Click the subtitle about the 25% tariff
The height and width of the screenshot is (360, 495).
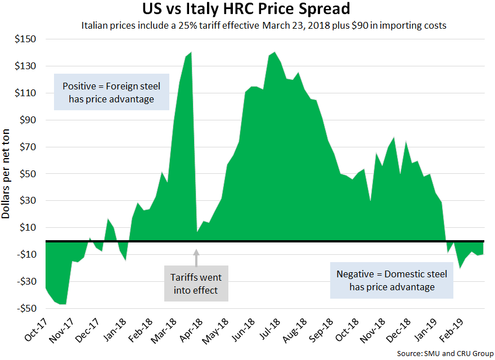point(264,26)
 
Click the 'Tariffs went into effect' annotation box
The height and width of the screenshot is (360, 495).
point(196,283)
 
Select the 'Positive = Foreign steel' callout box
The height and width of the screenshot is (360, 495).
point(111,92)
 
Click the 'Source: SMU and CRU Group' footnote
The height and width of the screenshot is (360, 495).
point(446,353)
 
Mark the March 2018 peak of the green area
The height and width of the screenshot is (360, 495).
point(191,52)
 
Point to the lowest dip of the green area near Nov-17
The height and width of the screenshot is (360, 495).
point(64,304)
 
